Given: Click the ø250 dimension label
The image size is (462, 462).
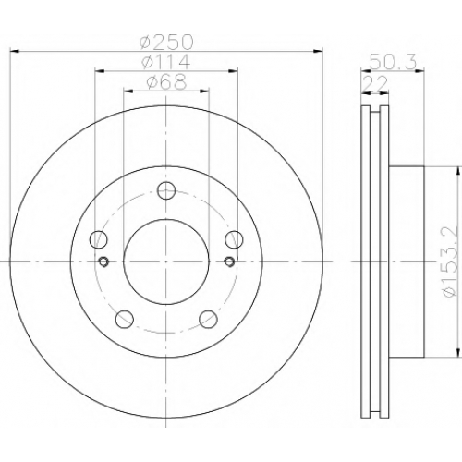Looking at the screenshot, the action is [166, 42].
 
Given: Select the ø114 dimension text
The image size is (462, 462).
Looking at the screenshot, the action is [166, 62].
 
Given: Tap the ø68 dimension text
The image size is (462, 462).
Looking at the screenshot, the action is [166, 81].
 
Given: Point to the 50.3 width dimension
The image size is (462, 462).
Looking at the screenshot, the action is [392, 62].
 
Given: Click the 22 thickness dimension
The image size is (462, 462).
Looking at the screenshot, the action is [375, 82].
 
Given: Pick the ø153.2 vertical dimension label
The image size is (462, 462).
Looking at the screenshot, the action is [450, 262].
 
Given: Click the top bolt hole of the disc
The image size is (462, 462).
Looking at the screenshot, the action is [166, 190].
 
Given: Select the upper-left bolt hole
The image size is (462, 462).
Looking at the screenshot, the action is [99, 239].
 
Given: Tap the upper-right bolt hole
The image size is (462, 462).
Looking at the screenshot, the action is [234, 239].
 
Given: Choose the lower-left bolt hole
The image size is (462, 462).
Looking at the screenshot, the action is [125, 319].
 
